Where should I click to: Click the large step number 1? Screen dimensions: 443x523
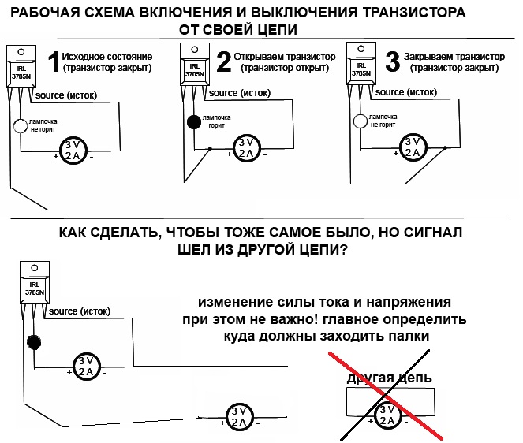click(54, 61)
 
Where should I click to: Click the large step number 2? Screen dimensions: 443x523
click(224, 61)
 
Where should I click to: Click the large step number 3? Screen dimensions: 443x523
click(390, 61)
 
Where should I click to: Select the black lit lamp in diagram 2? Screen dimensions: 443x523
click(193, 123)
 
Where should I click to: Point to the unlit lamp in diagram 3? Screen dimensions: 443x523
click(360, 122)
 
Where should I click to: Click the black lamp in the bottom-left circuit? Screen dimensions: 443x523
click(34, 342)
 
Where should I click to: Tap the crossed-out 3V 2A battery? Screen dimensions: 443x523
click(387, 414)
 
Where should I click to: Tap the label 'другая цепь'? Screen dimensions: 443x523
click(389, 378)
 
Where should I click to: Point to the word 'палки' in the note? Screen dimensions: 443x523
click(412, 336)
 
